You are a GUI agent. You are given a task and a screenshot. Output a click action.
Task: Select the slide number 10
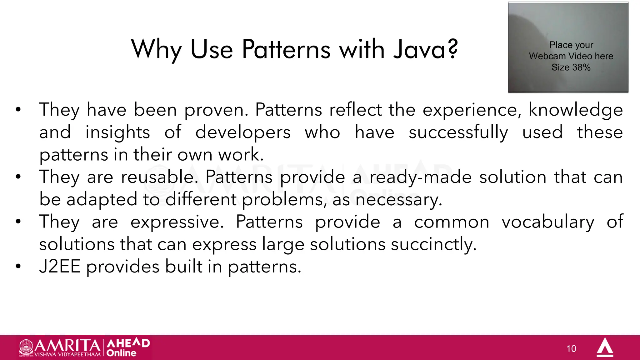(571, 349)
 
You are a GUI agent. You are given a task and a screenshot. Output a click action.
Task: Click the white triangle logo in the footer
(605, 347)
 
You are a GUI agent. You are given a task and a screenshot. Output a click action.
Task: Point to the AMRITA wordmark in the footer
(67, 346)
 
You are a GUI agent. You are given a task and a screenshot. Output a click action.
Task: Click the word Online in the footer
(121, 353)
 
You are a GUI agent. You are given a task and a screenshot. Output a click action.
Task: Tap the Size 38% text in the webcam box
(571, 67)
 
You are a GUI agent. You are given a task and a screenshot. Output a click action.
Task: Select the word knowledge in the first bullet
(576, 110)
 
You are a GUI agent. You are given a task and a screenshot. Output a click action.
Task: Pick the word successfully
(458, 132)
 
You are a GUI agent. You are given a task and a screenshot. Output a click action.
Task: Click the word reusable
(159, 177)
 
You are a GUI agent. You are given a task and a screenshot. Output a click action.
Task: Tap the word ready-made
(421, 177)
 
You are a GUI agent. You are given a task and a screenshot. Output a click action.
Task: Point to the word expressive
(177, 222)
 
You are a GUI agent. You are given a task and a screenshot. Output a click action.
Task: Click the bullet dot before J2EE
(18, 267)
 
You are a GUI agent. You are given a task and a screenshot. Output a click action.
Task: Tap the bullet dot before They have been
(18, 110)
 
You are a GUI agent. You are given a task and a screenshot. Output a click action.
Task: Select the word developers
(243, 132)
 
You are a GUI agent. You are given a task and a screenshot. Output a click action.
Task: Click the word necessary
(399, 200)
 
